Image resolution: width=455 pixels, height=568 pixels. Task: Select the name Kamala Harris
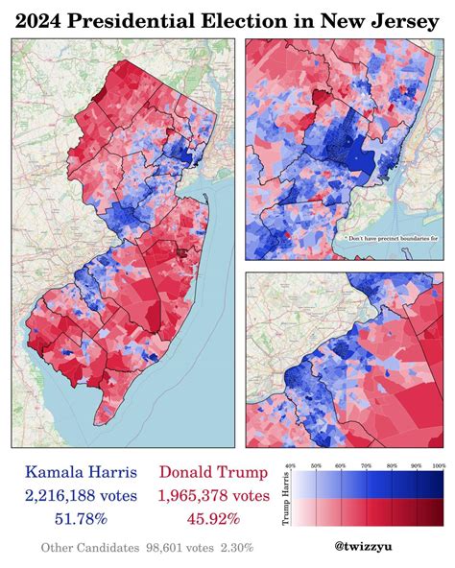[x=81, y=473]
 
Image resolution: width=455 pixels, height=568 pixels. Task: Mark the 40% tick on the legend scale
[x=291, y=465]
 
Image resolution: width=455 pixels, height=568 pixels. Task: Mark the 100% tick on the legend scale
[x=438, y=465]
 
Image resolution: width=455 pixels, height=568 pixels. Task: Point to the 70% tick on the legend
[x=365, y=465]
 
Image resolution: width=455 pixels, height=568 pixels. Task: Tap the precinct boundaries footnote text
[x=384, y=237]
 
